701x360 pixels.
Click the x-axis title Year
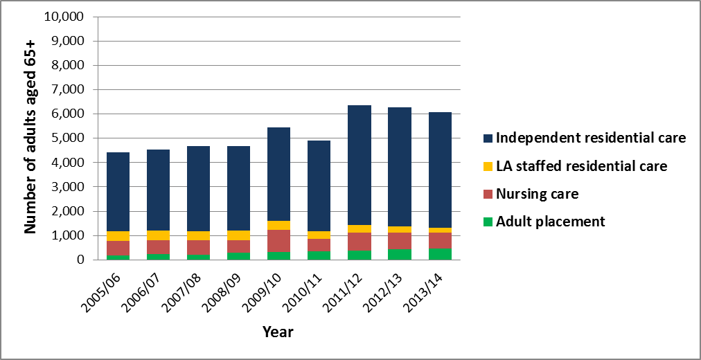tap(278, 332)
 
